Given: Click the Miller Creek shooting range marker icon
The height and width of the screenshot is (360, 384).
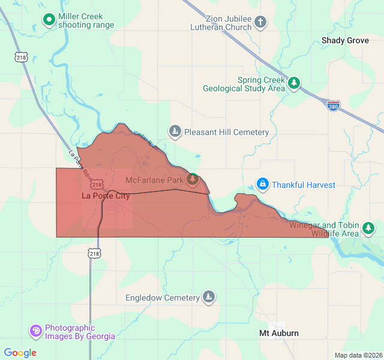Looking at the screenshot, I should coord(49,20).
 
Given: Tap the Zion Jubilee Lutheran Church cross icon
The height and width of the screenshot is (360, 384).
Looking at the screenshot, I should coord(260,23).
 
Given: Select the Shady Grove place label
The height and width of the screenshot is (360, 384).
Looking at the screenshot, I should coord(345,41).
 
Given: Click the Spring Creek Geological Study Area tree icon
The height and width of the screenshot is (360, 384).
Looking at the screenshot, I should coord(293,83).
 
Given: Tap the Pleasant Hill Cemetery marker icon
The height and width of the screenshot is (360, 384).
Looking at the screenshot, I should coord(175,131).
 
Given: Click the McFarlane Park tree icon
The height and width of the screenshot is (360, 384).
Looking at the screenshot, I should coord(193,179).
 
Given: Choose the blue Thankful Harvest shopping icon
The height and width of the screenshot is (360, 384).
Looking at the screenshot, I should coord(262,184).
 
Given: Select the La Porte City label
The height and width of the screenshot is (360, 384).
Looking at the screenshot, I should coord(106,196).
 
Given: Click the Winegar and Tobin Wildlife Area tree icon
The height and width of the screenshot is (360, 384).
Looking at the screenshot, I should coord(368,228).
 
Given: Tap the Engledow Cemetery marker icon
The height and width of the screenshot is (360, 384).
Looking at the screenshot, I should coord(208,297).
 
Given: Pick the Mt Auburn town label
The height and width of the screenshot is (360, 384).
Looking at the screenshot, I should coord(278,333).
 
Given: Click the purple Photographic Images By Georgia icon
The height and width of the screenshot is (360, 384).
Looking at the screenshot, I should coord(36,331).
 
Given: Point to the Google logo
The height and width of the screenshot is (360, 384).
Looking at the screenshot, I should coord(20,353).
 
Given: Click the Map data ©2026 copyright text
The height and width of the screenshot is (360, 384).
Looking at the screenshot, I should coord(358,355).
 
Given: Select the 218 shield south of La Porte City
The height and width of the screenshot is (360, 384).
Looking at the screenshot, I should coord(94,254).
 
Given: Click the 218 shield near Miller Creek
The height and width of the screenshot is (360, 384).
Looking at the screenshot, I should coord(22,58).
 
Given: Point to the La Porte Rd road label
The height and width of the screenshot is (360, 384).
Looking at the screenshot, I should coord(80,163).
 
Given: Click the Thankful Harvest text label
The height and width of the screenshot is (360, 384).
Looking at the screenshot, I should coord(304,185).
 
